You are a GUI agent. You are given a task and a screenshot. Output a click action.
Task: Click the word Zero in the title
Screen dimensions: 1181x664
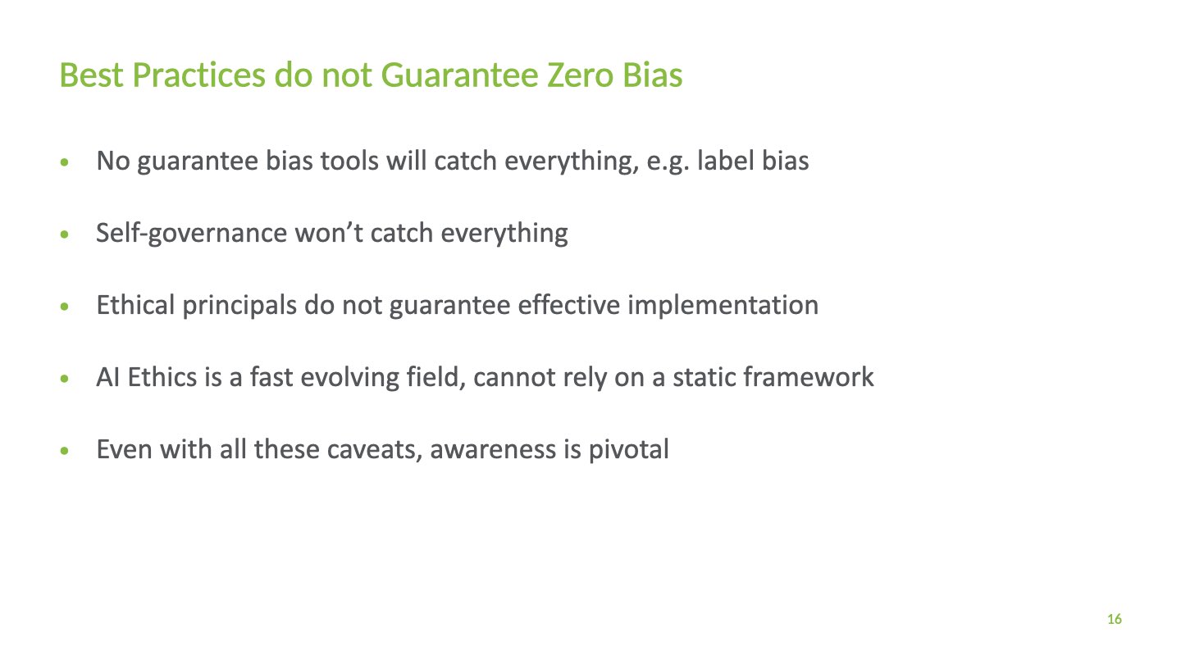tap(580, 75)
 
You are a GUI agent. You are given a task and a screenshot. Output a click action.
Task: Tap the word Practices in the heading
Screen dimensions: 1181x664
tap(198, 75)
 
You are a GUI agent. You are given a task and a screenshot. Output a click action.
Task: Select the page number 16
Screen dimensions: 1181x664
tap(1114, 619)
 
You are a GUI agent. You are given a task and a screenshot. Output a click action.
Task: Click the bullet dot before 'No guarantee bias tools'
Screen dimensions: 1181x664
tap(64, 161)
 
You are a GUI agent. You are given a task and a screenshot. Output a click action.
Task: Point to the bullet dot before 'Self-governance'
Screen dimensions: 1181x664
tap(64, 234)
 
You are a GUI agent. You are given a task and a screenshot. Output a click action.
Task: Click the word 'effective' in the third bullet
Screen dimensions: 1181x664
tap(569, 305)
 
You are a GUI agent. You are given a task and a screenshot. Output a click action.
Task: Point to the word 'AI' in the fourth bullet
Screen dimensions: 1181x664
tap(108, 378)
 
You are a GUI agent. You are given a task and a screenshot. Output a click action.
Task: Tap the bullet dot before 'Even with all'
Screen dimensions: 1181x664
tap(64, 451)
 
